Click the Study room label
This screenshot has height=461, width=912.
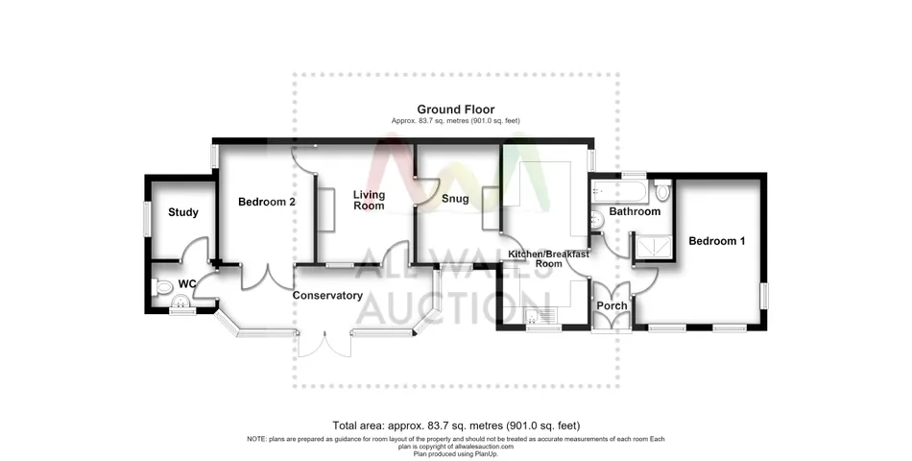pyautogui.click(x=183, y=212)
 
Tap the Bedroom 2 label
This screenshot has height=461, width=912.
pyautogui.click(x=267, y=202)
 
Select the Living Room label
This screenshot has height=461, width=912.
pyautogui.click(x=370, y=200)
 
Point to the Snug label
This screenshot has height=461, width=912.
pyautogui.click(x=455, y=199)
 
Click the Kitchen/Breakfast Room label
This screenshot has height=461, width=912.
pyautogui.click(x=548, y=258)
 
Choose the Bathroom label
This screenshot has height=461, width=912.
pyautogui.click(x=635, y=211)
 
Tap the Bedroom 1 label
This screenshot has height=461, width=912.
pyautogui.click(x=716, y=241)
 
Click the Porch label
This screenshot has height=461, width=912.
pyautogui.click(x=612, y=305)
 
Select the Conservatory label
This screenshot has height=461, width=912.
pyautogui.click(x=327, y=296)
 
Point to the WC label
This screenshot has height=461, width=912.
pyautogui.click(x=187, y=284)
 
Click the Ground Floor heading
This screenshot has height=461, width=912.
pyautogui.click(x=456, y=109)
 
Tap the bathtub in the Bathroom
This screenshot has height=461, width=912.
pyautogui.click(x=617, y=190)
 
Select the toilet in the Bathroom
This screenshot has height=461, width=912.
pyautogui.click(x=661, y=189)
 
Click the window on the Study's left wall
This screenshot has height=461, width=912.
pyautogui.click(x=147, y=219)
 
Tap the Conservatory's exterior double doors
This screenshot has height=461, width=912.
pyautogui.click(x=324, y=344)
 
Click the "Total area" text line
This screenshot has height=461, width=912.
pyautogui.click(x=456, y=425)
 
